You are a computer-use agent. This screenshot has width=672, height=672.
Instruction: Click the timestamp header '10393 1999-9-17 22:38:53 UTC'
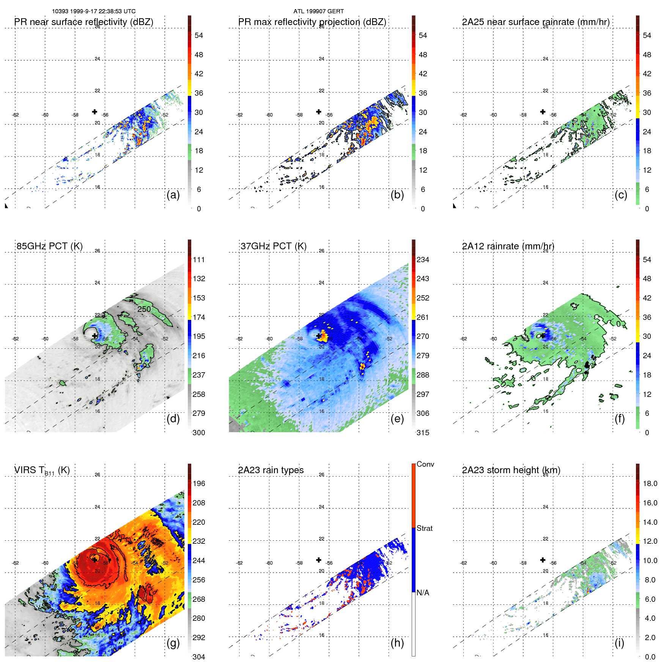[x=94, y=11]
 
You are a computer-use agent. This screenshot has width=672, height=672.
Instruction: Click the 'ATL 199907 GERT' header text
[x=318, y=11]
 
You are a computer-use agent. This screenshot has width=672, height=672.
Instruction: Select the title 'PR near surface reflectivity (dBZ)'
[x=84, y=22]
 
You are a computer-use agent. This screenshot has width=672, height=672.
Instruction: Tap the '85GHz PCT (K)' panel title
[x=49, y=246]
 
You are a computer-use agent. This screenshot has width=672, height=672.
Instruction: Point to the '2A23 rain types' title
[x=271, y=470]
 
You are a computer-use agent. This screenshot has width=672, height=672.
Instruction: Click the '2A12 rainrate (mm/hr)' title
[x=508, y=246]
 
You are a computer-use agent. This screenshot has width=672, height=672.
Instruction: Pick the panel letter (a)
[x=173, y=195]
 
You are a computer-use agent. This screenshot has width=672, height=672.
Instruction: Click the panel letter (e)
[x=397, y=419]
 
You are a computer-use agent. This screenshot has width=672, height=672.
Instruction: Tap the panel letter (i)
[x=619, y=643]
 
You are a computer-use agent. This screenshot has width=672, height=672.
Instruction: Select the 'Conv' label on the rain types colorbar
[x=425, y=464]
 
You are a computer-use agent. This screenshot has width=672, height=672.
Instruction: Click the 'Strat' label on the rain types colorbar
[x=424, y=528]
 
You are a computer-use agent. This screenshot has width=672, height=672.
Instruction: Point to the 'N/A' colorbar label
[x=423, y=593]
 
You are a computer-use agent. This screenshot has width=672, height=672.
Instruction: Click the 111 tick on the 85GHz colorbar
[x=199, y=260]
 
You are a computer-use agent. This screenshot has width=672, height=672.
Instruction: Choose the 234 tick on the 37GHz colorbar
[x=423, y=260]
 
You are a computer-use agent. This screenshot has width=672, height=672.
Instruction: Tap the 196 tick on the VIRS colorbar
[x=199, y=483]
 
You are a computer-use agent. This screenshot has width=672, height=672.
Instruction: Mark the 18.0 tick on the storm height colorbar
[x=650, y=483]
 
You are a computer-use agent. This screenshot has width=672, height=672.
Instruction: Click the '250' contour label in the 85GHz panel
[x=144, y=309]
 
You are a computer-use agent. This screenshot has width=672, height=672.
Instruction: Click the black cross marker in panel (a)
[x=94, y=112]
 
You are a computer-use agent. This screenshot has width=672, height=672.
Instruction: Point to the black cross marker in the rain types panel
[x=319, y=560]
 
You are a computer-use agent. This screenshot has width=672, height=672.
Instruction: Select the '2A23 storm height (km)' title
[x=511, y=470]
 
